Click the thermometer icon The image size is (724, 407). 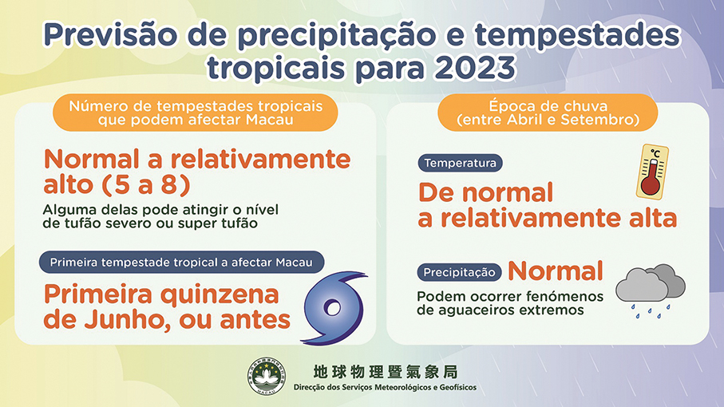pyautogui.click(x=652, y=172)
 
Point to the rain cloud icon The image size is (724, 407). pyautogui.click(x=650, y=290)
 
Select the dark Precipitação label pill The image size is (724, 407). pyautogui.click(x=459, y=272)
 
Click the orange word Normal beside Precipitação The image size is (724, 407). pyautogui.click(x=555, y=271)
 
